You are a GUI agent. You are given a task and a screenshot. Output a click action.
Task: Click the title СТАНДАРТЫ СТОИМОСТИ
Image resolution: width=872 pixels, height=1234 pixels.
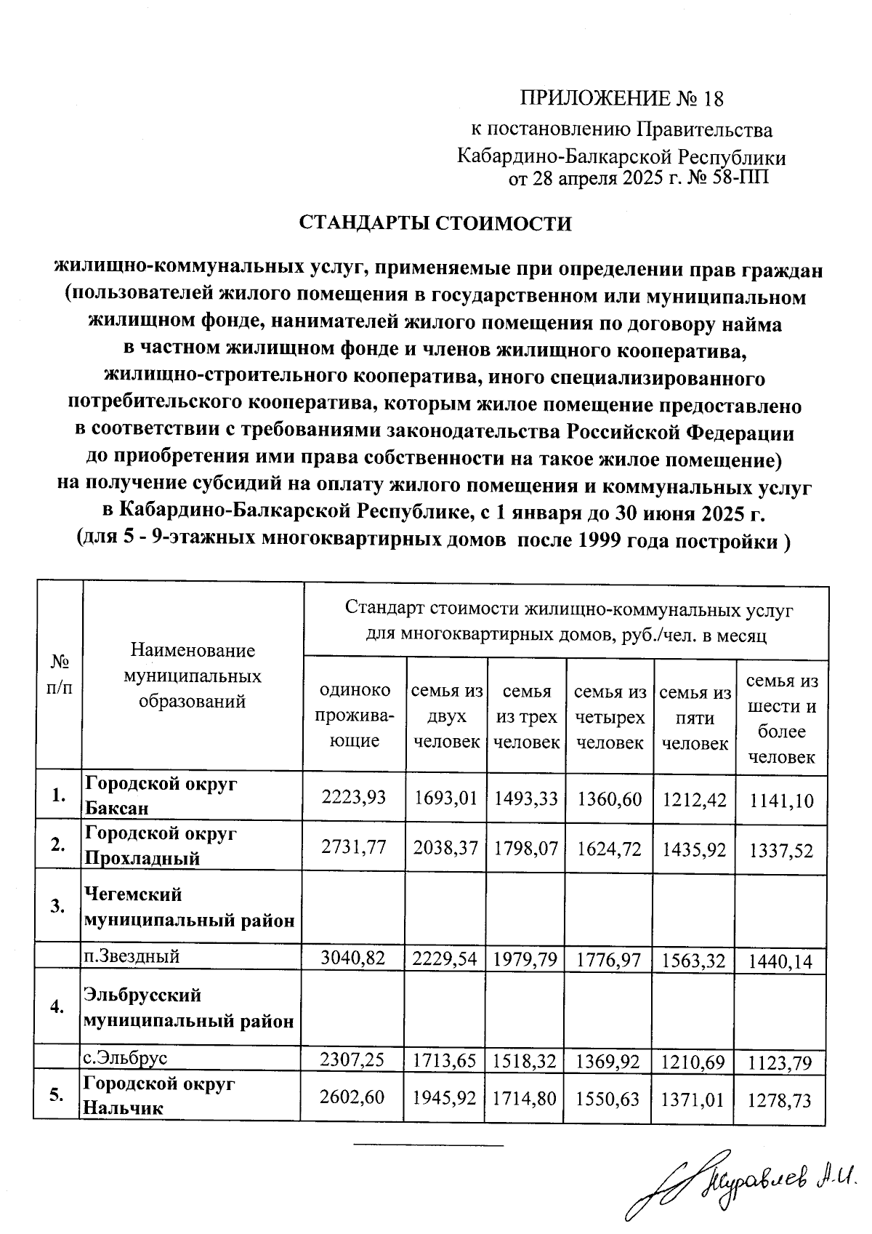click(436, 223)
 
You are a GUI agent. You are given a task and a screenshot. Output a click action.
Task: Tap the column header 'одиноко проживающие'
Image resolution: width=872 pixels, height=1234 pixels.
click(355, 715)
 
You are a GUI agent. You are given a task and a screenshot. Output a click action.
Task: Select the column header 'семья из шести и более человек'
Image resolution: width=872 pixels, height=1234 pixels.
click(782, 718)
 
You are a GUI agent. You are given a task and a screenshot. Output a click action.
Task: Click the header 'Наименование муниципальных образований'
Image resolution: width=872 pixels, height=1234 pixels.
click(193, 676)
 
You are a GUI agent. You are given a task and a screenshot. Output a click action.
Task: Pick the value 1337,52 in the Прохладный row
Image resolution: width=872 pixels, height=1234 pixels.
click(782, 850)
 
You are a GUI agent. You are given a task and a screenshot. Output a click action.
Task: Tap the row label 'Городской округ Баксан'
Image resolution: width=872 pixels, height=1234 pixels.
click(161, 796)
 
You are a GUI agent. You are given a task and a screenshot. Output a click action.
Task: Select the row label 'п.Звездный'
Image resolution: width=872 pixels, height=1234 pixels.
click(132, 956)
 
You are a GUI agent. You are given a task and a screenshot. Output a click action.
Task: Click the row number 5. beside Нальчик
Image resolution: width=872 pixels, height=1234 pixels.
click(57, 1096)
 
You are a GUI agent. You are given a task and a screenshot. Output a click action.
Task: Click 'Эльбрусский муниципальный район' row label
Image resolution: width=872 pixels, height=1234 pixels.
click(190, 1008)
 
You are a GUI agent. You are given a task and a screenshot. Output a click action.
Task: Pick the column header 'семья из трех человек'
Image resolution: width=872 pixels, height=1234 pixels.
click(527, 717)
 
